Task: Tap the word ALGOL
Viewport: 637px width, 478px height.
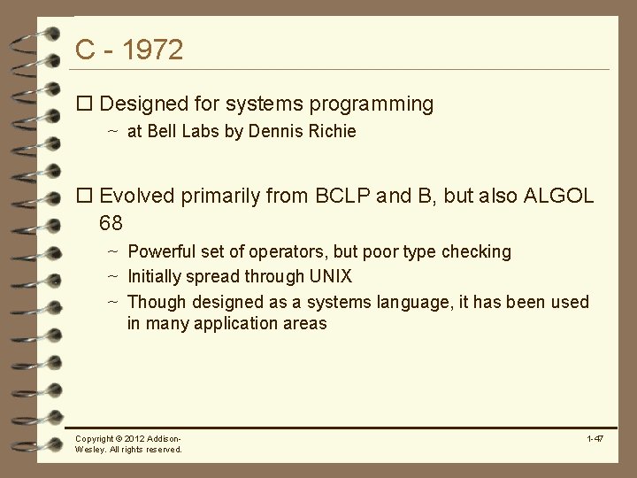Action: pyautogui.click(x=559, y=197)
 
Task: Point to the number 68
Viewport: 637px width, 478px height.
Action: pyautogui.click(x=112, y=222)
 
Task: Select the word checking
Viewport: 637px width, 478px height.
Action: pyautogui.click(x=478, y=252)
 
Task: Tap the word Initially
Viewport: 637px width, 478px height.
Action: pyautogui.click(x=156, y=277)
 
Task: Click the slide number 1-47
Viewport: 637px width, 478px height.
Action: pyautogui.click(x=595, y=439)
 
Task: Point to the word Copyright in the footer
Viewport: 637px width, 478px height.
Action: pyautogui.click(x=95, y=439)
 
